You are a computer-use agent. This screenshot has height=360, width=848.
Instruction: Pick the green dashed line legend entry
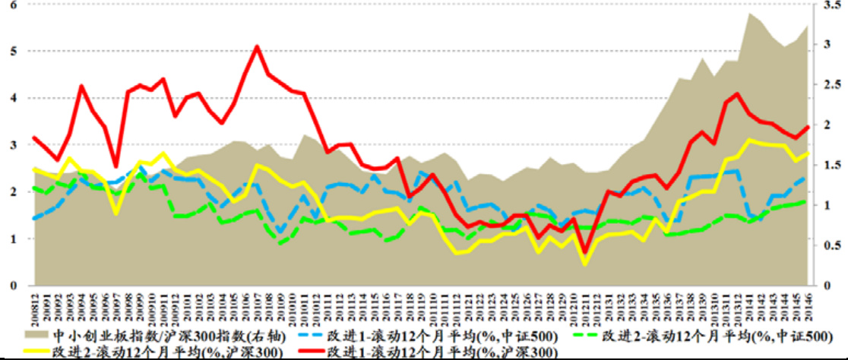point(703,335)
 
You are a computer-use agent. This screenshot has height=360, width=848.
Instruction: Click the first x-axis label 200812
point(33,307)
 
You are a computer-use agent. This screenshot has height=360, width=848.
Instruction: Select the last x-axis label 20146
point(807,307)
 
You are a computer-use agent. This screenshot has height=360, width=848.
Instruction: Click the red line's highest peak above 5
point(257,46)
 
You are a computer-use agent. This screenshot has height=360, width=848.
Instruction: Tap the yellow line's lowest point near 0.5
point(585,264)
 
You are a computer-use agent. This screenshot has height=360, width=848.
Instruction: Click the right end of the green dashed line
point(806,201)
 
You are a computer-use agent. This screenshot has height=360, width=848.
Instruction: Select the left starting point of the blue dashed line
point(33,219)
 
